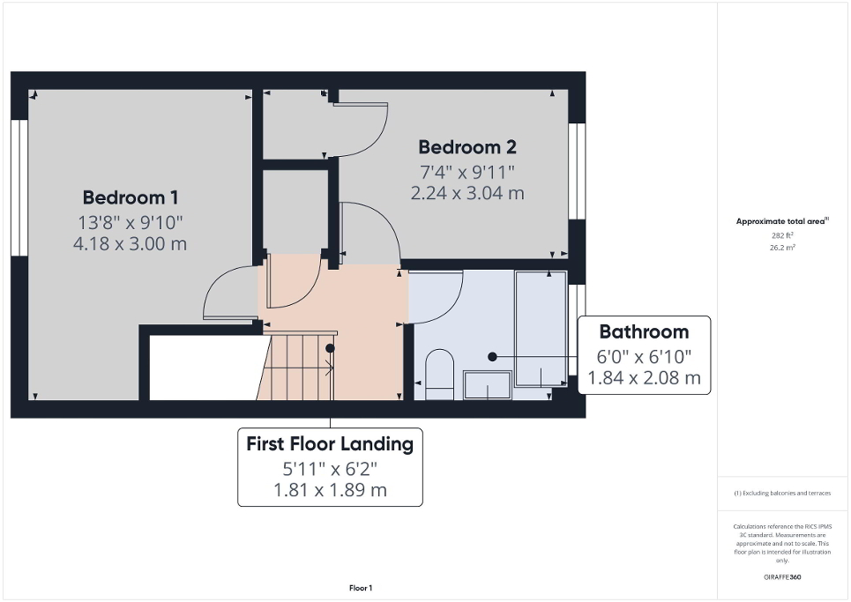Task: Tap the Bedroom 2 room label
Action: click(x=467, y=147)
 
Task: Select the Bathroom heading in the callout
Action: click(x=644, y=332)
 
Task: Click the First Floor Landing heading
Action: click(x=330, y=444)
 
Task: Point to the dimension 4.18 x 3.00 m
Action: click(x=130, y=243)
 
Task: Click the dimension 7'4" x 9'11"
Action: click(x=467, y=170)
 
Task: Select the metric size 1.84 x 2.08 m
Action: click(x=644, y=379)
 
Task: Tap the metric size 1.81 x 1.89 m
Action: click(x=330, y=490)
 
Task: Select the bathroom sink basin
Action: click(x=487, y=384)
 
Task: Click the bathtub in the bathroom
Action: click(x=541, y=328)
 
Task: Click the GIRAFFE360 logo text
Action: click(x=782, y=577)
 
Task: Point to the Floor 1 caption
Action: click(x=361, y=588)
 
